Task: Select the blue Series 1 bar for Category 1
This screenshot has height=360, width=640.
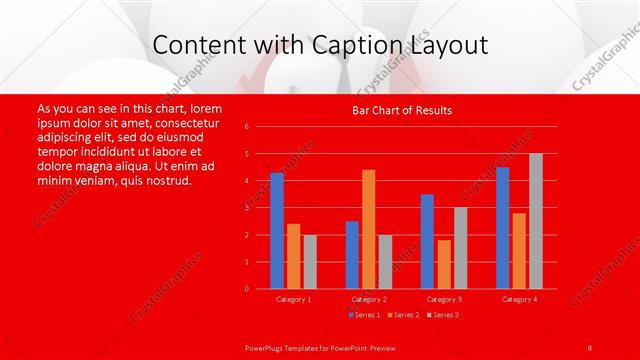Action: tap(277, 231)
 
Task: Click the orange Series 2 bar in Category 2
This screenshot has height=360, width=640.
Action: tap(369, 229)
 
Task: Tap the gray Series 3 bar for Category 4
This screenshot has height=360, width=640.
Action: tap(536, 221)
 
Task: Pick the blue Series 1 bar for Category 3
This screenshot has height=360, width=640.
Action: tap(427, 241)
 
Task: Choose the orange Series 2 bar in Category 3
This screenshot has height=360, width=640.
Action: tap(444, 264)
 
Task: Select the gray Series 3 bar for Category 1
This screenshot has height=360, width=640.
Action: tap(310, 261)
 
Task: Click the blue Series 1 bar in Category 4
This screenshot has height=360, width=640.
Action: tap(502, 228)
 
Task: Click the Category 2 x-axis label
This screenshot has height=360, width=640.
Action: tap(369, 299)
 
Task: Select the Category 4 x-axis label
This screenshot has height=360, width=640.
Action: tap(519, 299)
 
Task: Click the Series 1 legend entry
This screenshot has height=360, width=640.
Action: tap(364, 315)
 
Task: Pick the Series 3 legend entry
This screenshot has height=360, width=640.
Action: tap(441, 315)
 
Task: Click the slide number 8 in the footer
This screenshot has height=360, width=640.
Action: tap(590, 347)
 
